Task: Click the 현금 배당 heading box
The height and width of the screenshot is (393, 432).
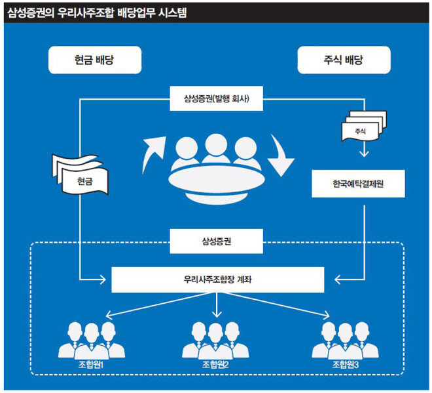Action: coord(95,61)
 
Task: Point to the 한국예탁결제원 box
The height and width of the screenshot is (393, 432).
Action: coord(357,184)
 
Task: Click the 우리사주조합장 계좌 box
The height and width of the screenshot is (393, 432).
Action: coord(218,279)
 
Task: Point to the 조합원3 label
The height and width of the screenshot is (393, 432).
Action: coord(345,365)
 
